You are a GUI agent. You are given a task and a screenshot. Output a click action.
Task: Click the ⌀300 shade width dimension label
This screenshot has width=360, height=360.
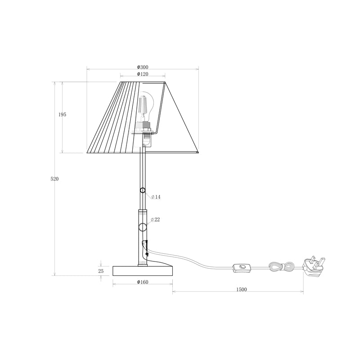143,67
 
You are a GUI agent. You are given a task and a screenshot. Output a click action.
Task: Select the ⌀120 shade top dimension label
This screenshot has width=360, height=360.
143,74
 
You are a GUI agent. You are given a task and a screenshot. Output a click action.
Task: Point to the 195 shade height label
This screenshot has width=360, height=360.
62,115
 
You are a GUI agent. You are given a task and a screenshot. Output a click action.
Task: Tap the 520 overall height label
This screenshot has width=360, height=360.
54,179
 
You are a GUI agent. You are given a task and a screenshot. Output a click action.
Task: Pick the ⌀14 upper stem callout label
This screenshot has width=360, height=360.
156,197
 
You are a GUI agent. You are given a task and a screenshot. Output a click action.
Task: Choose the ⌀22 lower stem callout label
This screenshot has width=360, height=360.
155,220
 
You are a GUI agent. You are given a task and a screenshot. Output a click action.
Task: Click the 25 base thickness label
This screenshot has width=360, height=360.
101,271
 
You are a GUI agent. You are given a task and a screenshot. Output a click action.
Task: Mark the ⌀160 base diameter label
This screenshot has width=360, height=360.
143,282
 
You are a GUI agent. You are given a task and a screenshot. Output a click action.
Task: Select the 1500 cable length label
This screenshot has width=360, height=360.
242,289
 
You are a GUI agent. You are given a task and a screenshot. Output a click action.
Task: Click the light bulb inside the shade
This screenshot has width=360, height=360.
145,106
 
